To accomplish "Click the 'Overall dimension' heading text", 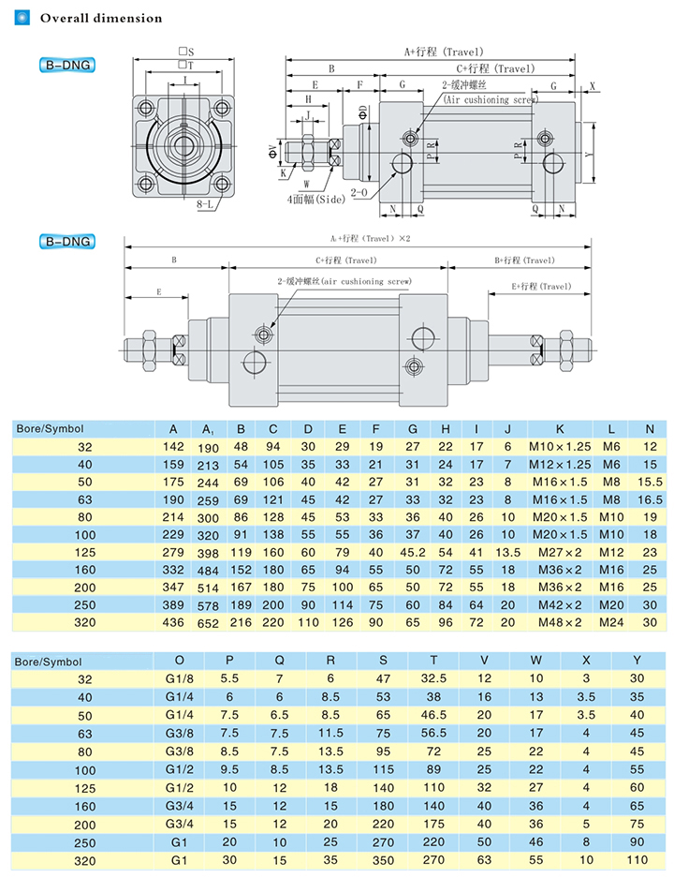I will [x=101, y=18].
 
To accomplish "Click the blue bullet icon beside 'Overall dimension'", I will [x=22, y=18].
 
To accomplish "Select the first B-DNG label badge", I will [x=68, y=66].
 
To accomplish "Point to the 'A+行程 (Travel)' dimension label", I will [x=431, y=52].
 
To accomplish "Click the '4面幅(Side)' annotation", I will [x=316, y=199].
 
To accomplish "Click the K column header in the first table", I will [x=559, y=428].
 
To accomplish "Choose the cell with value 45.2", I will [x=413, y=553].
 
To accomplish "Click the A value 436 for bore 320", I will [x=173, y=620].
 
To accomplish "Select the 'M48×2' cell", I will [x=560, y=620].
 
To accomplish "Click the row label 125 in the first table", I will [x=85, y=553].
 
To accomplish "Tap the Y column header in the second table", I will [x=637, y=661].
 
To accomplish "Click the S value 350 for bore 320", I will [x=383, y=858].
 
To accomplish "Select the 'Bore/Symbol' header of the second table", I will [x=49, y=661].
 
